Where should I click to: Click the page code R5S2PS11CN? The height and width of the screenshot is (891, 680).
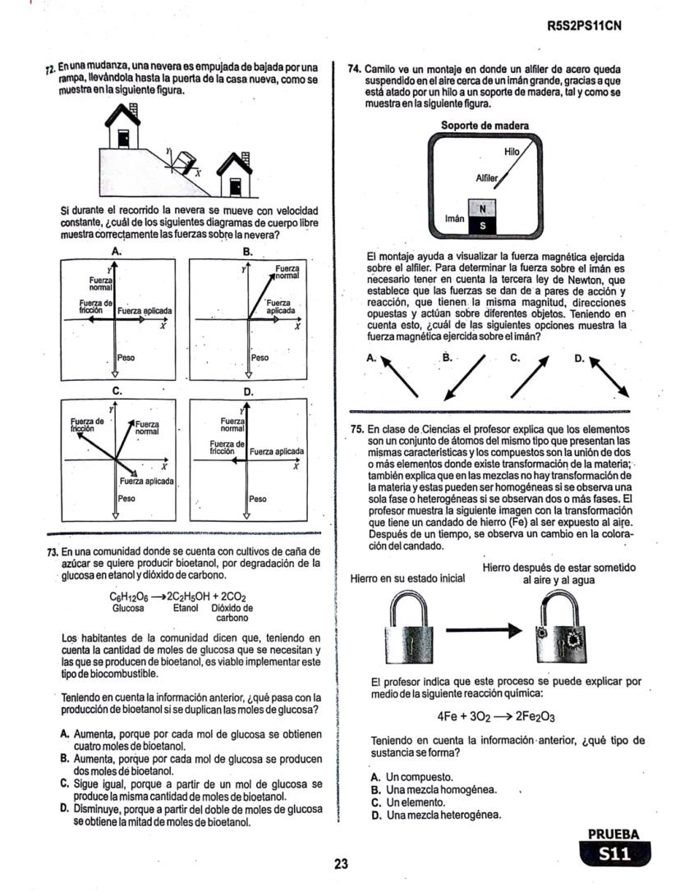coord(584,25)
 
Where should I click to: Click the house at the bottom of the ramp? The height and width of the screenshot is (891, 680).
coord(235,176)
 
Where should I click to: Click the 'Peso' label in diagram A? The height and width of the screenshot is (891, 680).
coord(126,358)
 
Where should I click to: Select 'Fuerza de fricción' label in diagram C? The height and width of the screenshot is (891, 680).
coord(85,423)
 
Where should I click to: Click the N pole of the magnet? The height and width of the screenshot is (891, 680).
coord(483,208)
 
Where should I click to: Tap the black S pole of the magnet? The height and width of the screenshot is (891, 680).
coord(483,225)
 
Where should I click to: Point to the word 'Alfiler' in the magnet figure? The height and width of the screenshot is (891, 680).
coord(488,178)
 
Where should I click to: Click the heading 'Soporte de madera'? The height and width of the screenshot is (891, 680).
coord(485,126)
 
